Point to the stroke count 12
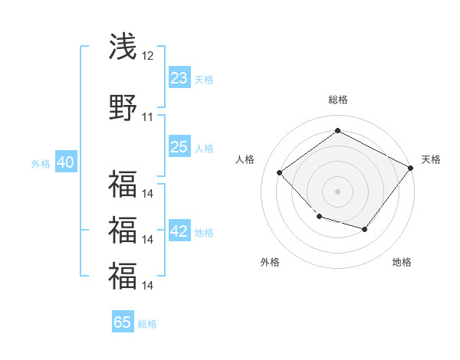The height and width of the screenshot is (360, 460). pyautogui.click(x=148, y=57)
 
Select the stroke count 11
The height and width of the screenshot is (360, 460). pyautogui.click(x=148, y=117)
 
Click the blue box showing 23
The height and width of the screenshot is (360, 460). pyautogui.click(x=179, y=78)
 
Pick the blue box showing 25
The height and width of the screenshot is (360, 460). pyautogui.click(x=179, y=147)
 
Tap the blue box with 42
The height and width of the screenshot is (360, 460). pyautogui.click(x=179, y=232)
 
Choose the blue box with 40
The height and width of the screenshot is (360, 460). pyautogui.click(x=65, y=162)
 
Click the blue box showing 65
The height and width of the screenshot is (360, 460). pyautogui.click(x=123, y=322)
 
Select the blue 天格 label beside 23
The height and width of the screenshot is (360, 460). pyautogui.click(x=204, y=79)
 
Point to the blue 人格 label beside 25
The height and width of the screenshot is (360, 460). pyautogui.click(x=204, y=148)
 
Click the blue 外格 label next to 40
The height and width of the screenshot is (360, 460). pyautogui.click(x=41, y=163)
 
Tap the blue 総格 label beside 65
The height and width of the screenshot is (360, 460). pyautogui.click(x=147, y=323)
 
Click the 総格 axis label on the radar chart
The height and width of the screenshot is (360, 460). pyautogui.click(x=337, y=100)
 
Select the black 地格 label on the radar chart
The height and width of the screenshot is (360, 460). pyautogui.click(x=402, y=262)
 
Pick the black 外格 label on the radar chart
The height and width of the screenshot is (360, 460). pyautogui.click(x=270, y=262)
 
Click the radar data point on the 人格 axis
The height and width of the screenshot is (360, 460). pyautogui.click(x=280, y=173)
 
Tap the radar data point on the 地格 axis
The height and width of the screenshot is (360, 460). pyautogui.click(x=365, y=229)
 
